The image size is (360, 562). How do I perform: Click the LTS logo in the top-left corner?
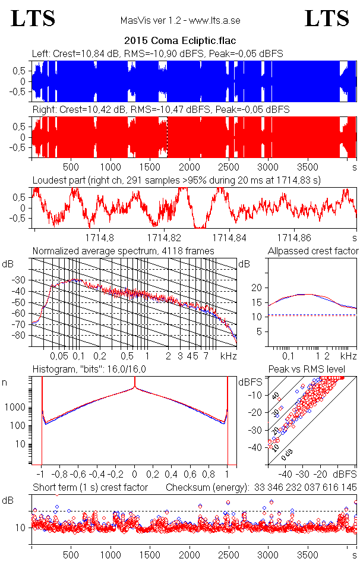pyautogui.click(x=33, y=19)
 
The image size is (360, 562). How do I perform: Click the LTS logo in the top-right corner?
pyautogui.click(x=327, y=19)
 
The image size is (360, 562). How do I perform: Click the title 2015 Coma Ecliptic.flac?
pyautogui.click(x=180, y=41)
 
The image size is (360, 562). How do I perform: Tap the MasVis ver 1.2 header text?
pyautogui.click(x=180, y=20)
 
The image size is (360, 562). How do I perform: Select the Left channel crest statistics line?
pyautogui.click(x=157, y=53)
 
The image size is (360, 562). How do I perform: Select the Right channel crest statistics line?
pyautogui.click(x=160, y=109)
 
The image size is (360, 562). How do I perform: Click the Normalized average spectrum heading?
pyautogui.click(x=123, y=251)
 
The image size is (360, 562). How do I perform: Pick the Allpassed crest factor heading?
pyautogui.click(x=313, y=251)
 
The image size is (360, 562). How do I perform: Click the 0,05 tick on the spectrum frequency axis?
pyautogui.click(x=59, y=356)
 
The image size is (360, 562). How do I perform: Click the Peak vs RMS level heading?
pyautogui.click(x=314, y=370)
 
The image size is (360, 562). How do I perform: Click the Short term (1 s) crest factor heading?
pyautogui.click(x=90, y=488)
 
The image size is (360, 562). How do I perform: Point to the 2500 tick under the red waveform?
pyautogui.click(x=229, y=168)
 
